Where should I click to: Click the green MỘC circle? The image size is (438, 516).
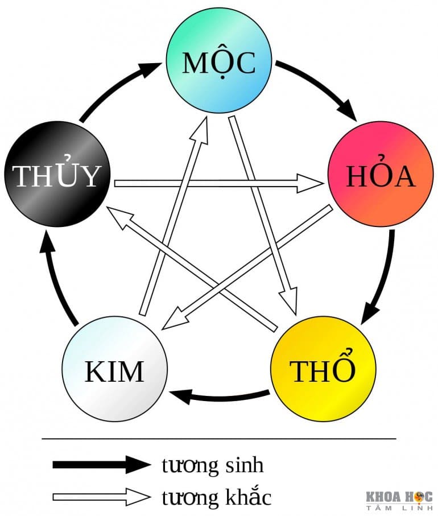(219, 64)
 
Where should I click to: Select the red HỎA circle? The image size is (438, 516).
(381, 177)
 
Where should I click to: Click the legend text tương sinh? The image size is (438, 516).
(213, 465)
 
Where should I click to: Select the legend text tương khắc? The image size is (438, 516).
(216, 497)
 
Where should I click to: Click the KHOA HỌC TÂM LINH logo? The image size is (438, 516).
(398, 500)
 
